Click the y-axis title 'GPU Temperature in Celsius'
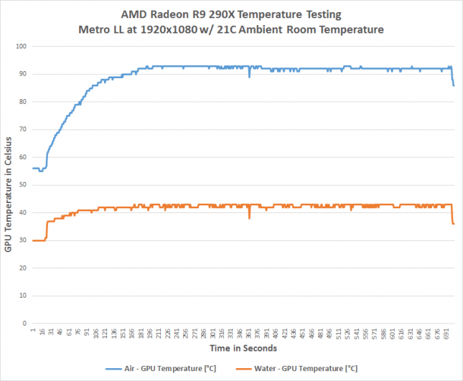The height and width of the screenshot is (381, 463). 8,184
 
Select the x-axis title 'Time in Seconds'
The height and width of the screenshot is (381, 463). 243,348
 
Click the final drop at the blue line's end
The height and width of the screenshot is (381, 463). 453,80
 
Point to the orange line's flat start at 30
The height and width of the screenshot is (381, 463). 39,240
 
